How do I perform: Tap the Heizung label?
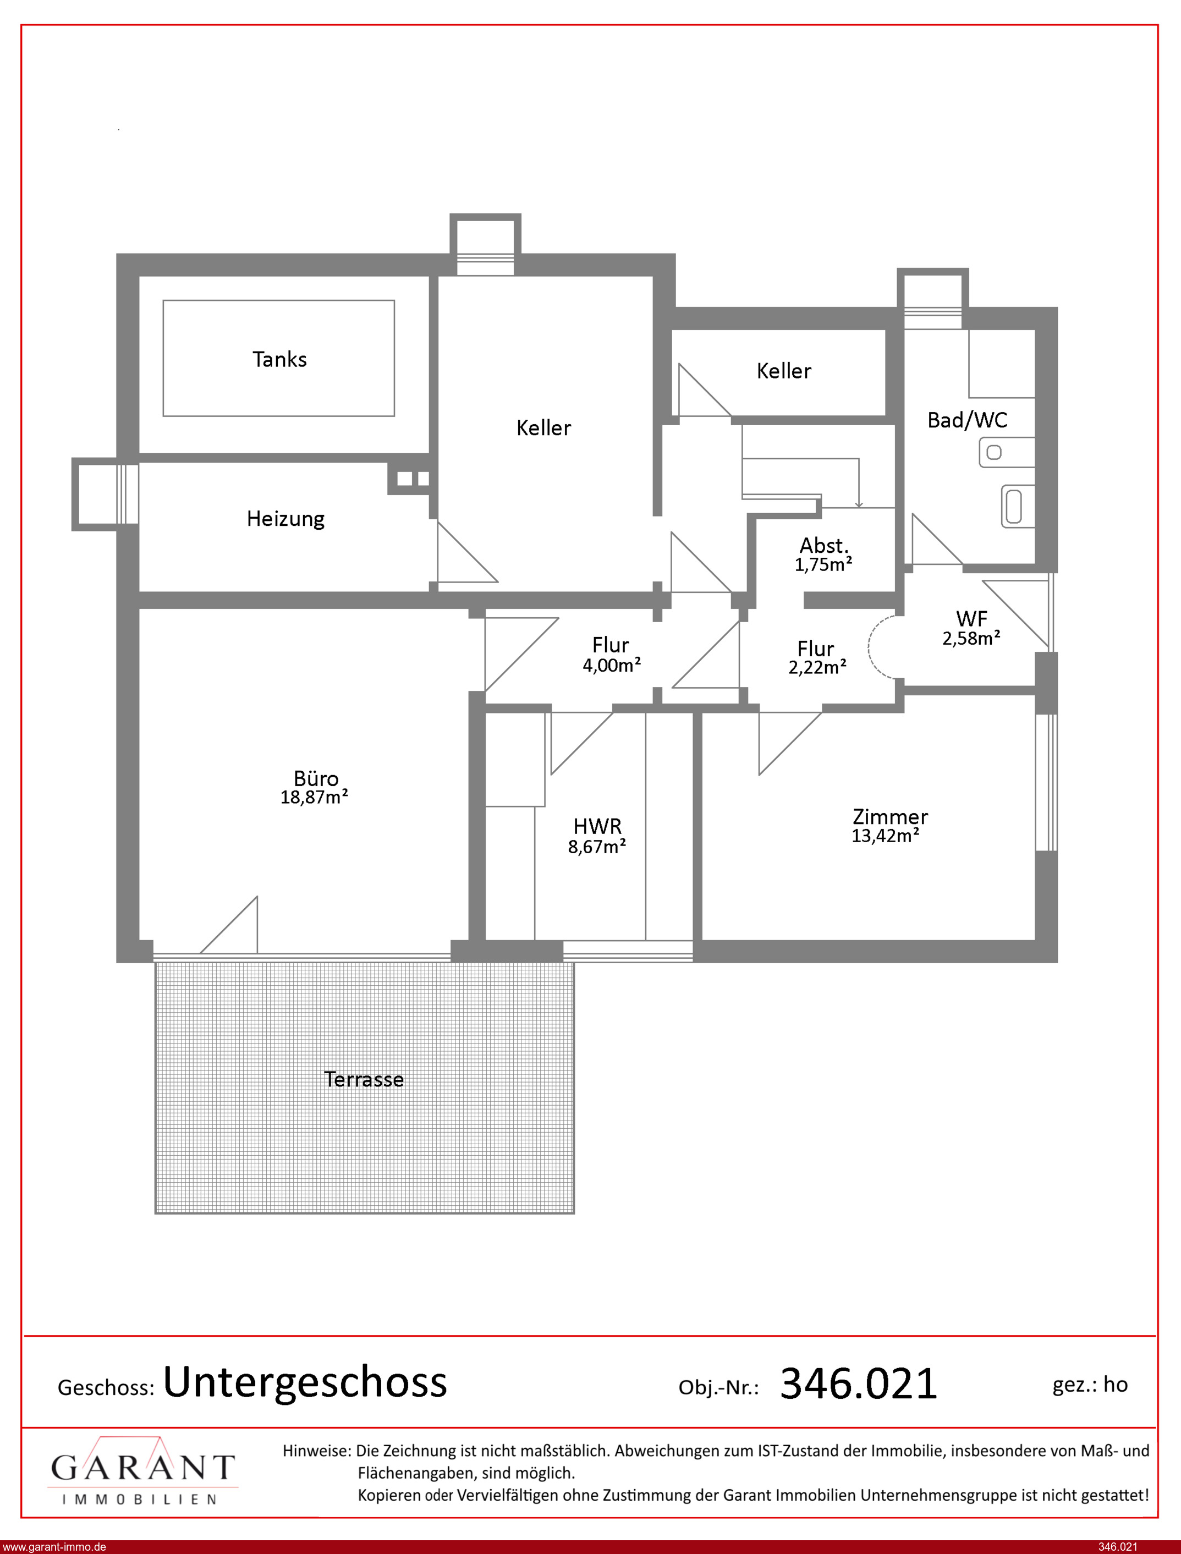pyautogui.click(x=285, y=519)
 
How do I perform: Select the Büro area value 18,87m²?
pyautogui.click(x=314, y=797)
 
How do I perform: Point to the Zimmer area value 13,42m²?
pyautogui.click(x=886, y=835)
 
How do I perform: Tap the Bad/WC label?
pyautogui.click(x=967, y=420)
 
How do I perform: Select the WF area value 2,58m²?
pyautogui.click(x=971, y=638)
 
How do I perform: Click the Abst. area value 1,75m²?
pyautogui.click(x=823, y=564)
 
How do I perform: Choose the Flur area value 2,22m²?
pyautogui.click(x=817, y=667)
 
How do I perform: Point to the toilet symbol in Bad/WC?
pyautogui.click(x=1014, y=506)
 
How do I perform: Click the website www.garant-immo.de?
pyautogui.click(x=54, y=1547)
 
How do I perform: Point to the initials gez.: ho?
pyautogui.click(x=1090, y=1385)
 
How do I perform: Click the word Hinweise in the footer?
pyautogui.click(x=316, y=1451)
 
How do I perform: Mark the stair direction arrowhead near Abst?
pyautogui.click(x=858, y=504)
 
